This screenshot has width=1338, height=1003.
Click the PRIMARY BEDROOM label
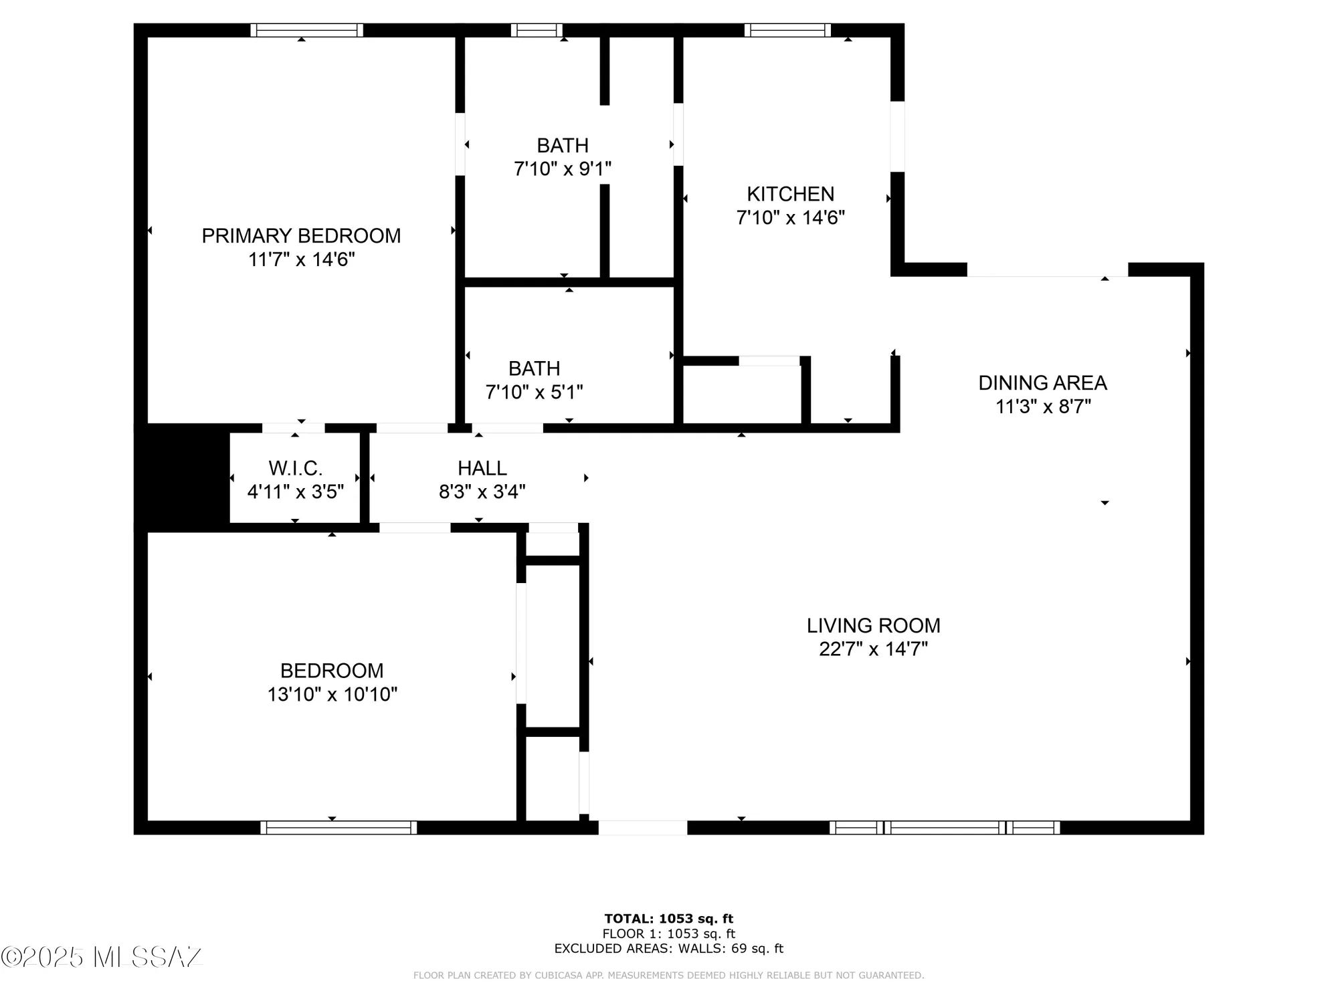tap(301, 235)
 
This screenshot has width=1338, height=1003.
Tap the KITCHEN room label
tap(790, 194)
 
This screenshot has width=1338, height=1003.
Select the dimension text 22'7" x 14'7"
tap(873, 649)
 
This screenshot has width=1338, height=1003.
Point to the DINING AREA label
tap(1042, 383)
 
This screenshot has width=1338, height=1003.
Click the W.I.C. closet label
tap(295, 468)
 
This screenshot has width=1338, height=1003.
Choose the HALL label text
tap(482, 468)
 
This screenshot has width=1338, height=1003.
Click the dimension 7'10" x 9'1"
tap(563, 169)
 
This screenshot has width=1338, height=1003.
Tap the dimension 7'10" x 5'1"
tap(534, 392)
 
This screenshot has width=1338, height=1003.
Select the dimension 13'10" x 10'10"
tap(332, 694)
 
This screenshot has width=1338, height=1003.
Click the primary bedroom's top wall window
tap(306, 30)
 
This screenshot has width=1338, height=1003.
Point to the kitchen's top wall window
tap(787, 30)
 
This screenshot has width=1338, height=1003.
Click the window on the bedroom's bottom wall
tap(339, 828)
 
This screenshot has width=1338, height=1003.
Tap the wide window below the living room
tap(945, 828)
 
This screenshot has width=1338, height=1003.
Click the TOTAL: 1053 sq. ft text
tap(668, 919)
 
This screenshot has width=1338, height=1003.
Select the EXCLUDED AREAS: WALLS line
tap(668, 948)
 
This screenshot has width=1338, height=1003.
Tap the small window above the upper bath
tap(537, 30)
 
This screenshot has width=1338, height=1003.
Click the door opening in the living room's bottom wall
tap(642, 828)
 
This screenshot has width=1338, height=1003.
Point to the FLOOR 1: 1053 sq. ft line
tap(668, 933)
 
